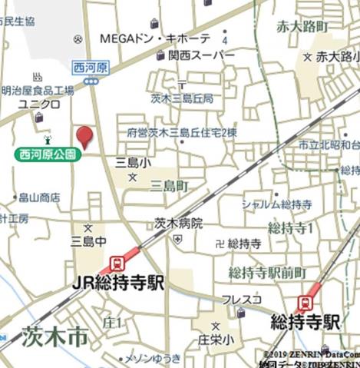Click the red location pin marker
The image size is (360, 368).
point(84,137)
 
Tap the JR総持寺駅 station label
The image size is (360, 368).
point(118,283)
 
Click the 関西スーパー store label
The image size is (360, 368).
point(202,55)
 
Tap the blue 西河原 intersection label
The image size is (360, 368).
point(91,68)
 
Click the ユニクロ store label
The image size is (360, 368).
point(35,103)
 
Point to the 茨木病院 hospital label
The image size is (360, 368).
point(178,224)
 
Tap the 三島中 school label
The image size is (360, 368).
point(87,241)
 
